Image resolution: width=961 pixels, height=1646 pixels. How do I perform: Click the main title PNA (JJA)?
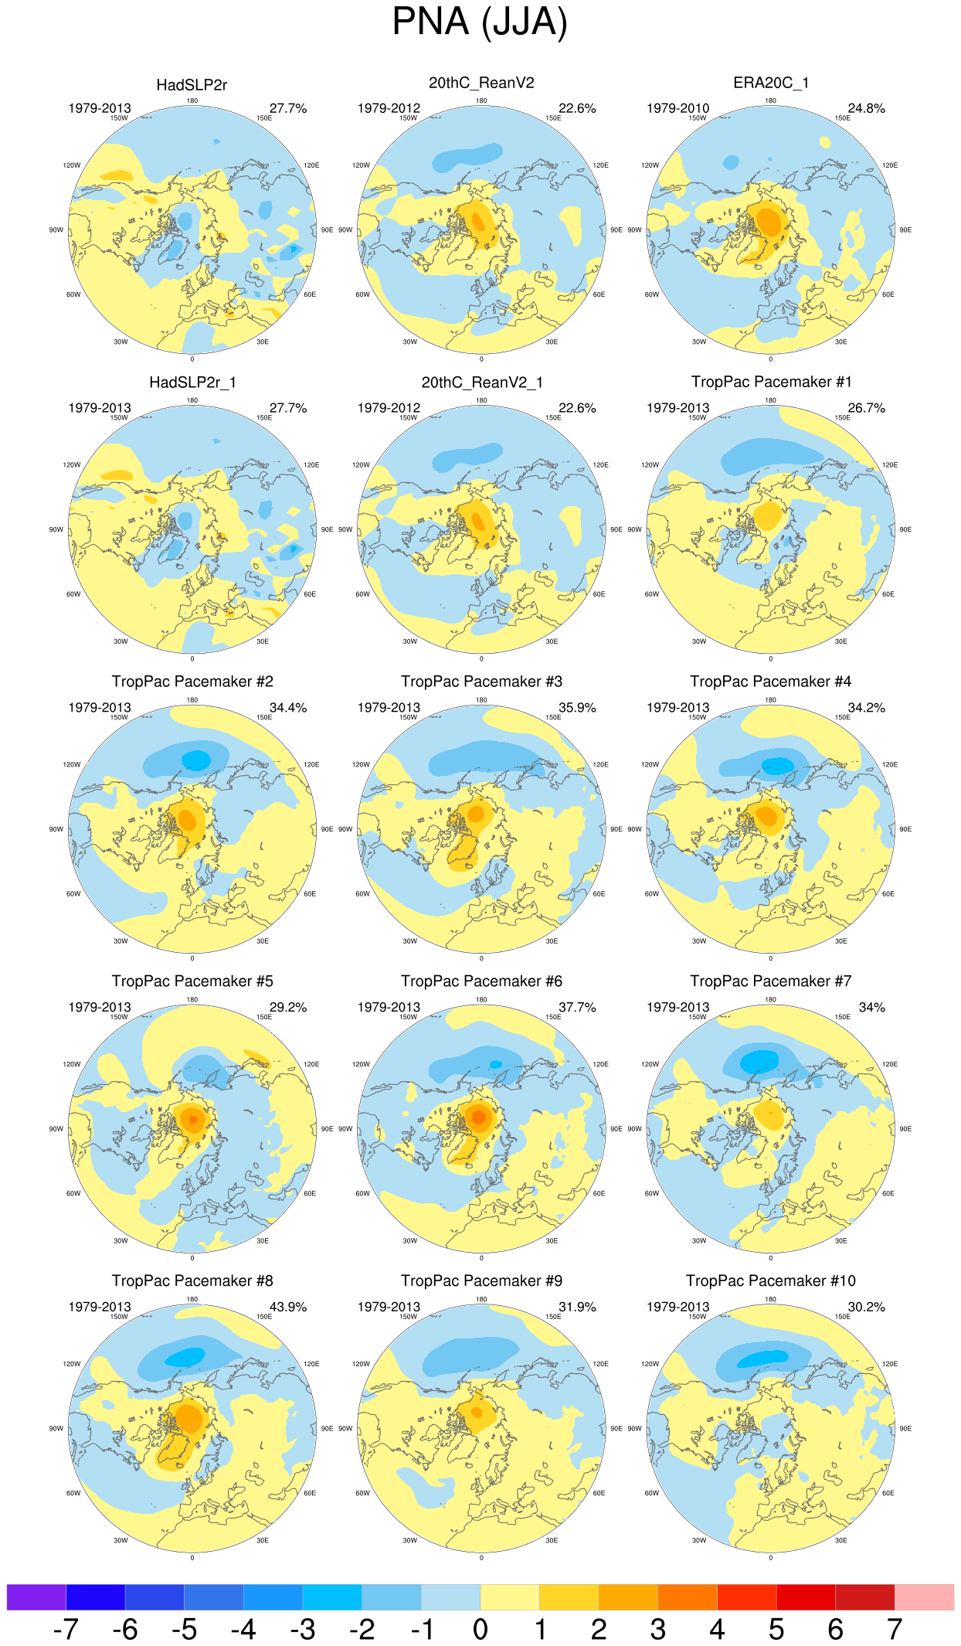coord(480,22)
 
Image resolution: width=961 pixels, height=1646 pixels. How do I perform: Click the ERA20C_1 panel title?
coord(770,83)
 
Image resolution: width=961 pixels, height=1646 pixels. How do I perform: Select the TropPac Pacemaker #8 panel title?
coord(192,1280)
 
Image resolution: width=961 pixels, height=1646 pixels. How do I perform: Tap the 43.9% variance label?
coord(288,1307)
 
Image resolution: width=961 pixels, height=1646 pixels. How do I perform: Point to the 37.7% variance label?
coord(577,1007)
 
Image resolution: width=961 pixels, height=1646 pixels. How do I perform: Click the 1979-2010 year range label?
coord(677,108)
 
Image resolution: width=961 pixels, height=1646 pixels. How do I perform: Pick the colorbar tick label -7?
coord(66,1629)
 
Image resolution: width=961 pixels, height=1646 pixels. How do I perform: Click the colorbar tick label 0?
coord(480,1629)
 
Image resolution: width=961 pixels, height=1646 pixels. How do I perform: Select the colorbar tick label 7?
coord(895,1629)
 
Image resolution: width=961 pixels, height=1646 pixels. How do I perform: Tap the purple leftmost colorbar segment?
coord(36,1597)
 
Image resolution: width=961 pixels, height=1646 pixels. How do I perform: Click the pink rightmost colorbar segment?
coord(924,1597)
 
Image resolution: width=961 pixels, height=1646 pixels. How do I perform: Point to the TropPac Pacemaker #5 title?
coord(192,981)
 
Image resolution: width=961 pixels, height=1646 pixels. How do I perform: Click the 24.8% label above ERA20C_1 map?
coord(866,108)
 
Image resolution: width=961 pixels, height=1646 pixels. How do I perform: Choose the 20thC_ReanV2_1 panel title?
coord(481,383)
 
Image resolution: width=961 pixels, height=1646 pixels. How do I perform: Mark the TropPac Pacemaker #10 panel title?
coord(770,1280)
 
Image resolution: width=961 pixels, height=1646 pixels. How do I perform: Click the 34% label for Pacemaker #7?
coord(872,1007)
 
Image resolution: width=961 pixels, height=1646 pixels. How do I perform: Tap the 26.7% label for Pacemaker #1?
coord(866,408)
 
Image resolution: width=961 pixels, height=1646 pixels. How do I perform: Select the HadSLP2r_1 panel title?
coord(192,383)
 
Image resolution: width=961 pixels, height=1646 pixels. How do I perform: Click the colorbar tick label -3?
coord(302,1629)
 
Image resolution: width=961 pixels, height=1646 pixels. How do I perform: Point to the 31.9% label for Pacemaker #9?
coord(577,1307)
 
